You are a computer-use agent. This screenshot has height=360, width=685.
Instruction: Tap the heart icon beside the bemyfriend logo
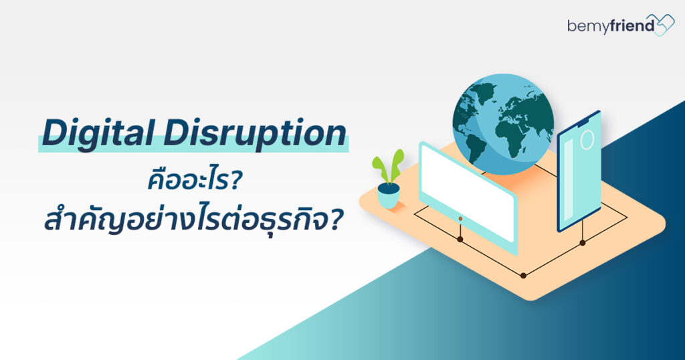pyautogui.click(x=662, y=25)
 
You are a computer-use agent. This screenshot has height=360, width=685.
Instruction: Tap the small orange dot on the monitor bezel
pyautogui.click(x=460, y=218)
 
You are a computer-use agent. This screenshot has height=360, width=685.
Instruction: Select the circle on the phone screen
pyautogui.click(x=587, y=140)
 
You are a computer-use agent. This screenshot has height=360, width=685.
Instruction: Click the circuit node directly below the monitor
pyautogui.click(x=460, y=238)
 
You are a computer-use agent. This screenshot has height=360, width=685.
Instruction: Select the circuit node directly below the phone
pyautogui.click(x=582, y=242)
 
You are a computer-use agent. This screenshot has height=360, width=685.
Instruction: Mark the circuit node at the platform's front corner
pyautogui.click(x=523, y=274)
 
